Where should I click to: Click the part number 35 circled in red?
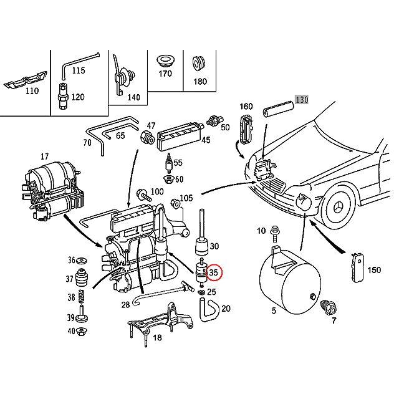coord(213,272)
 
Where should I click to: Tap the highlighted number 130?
coord(302,99)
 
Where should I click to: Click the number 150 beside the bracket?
coord(373,270)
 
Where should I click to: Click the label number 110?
coord(32,91)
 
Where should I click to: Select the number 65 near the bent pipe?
coord(120,135)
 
